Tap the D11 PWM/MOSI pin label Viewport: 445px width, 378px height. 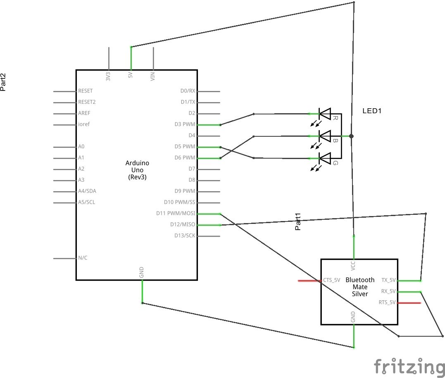[x=176, y=214]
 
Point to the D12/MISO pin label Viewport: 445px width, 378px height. [x=183, y=225]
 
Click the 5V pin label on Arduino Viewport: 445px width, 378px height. [x=131, y=76]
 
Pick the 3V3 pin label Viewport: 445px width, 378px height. [x=108, y=77]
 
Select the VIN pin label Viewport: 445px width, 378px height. [x=153, y=77]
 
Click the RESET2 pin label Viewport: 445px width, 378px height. [x=87, y=102]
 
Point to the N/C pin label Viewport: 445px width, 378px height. [x=83, y=258]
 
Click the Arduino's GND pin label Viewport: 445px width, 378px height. [x=142, y=272]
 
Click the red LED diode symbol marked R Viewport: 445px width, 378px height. [x=325, y=114]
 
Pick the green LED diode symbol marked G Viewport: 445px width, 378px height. [x=325, y=158]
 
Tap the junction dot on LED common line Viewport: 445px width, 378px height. [x=351, y=136]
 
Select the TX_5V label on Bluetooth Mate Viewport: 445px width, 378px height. [x=388, y=280]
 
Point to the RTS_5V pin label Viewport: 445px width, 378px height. [x=387, y=302]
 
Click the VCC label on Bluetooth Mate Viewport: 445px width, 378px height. [x=353, y=265]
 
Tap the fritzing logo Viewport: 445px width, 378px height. [x=407, y=367]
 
